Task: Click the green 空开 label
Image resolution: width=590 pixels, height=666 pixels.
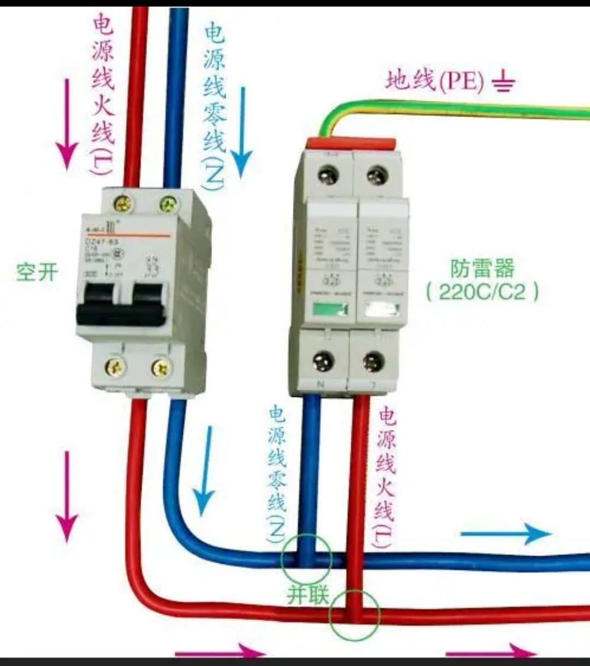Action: [x=37, y=271]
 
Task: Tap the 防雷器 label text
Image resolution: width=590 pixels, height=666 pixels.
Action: [x=482, y=268]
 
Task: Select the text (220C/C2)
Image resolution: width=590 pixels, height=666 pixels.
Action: [x=482, y=291]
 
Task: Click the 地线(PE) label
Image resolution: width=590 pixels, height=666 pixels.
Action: [x=435, y=81]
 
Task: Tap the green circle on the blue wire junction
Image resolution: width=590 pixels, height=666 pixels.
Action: [x=306, y=558]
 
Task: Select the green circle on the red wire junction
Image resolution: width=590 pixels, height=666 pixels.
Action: [x=355, y=616]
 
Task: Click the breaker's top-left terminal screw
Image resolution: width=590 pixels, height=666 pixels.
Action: [x=123, y=204]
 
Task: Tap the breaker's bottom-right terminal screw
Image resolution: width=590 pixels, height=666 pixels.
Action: [x=161, y=367]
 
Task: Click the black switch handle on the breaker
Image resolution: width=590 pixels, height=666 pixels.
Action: [x=121, y=306]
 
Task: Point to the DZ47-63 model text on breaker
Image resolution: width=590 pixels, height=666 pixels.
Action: [x=102, y=241]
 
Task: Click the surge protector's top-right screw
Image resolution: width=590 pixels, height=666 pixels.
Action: [x=377, y=176]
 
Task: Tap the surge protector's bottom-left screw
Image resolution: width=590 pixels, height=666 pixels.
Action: [x=323, y=361]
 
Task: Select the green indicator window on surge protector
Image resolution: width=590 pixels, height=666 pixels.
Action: [x=329, y=310]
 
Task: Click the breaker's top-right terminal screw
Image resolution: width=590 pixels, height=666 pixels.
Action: [x=168, y=205]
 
